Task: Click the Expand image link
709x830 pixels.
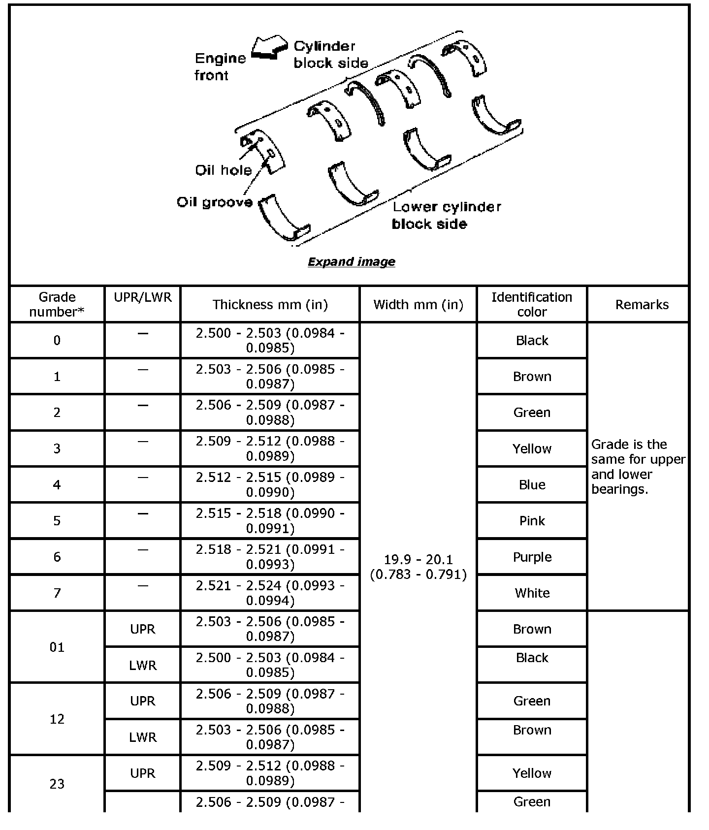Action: click(x=351, y=262)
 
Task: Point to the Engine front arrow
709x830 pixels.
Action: click(x=269, y=48)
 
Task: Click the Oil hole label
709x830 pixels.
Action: click(x=223, y=170)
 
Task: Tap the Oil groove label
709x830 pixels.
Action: click(x=215, y=202)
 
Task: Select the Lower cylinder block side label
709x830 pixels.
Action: click(x=446, y=215)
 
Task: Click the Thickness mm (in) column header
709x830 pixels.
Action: click(x=270, y=305)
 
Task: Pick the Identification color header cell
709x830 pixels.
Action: click(x=532, y=305)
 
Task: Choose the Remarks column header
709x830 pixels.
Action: click(x=642, y=305)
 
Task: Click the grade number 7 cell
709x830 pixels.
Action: click(x=57, y=593)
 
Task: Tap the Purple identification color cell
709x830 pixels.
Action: click(x=532, y=557)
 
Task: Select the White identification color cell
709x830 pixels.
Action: click(x=532, y=593)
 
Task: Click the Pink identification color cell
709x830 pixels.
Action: click(x=532, y=521)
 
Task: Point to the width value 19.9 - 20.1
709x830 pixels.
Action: click(x=418, y=567)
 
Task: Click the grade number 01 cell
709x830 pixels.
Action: click(x=57, y=647)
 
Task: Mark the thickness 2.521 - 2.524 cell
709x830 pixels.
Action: click(x=270, y=593)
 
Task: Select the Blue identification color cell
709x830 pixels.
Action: click(x=532, y=485)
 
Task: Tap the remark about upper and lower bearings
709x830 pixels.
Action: click(x=638, y=467)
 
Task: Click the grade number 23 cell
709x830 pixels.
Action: click(x=57, y=784)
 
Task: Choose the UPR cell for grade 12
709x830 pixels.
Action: click(x=143, y=701)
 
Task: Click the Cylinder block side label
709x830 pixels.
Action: click(x=330, y=55)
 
